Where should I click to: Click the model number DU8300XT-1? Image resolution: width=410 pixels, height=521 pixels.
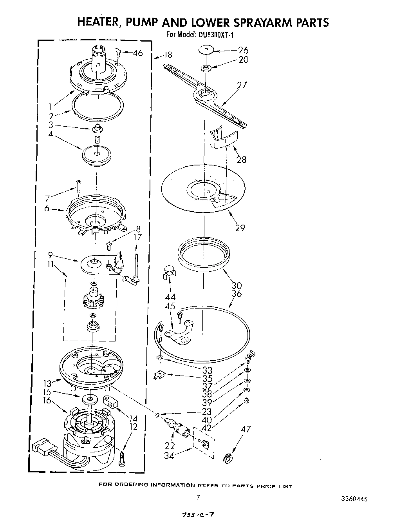[215, 34]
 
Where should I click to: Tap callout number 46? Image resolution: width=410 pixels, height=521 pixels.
[138, 53]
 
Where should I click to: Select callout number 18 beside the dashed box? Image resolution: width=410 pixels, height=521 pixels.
[168, 55]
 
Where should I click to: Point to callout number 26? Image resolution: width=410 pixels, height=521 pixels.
[243, 50]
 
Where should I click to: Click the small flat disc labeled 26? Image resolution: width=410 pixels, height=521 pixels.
[206, 50]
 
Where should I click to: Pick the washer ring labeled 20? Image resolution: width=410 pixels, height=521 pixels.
[206, 69]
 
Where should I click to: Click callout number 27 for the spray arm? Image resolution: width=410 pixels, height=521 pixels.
[242, 85]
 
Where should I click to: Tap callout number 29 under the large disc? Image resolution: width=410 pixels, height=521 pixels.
[240, 227]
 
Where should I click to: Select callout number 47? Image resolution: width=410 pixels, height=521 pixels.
[246, 429]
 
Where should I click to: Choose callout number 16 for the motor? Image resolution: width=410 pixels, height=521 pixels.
[47, 400]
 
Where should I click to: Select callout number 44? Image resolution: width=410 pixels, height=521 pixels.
[170, 297]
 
